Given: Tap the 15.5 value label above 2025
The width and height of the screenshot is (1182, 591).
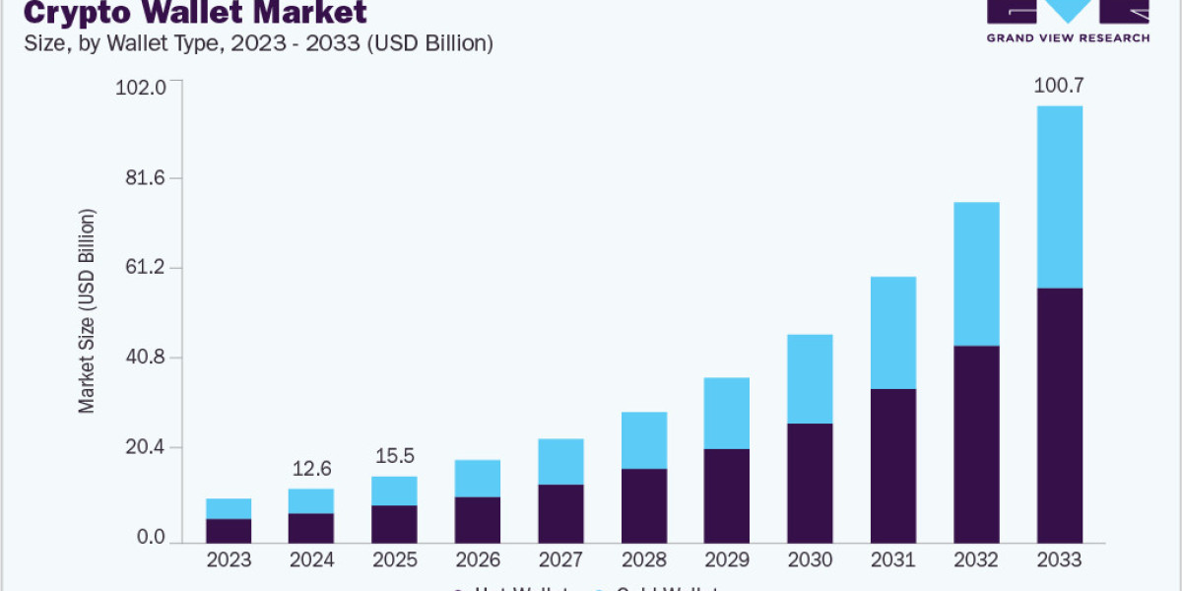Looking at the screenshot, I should coord(394,457).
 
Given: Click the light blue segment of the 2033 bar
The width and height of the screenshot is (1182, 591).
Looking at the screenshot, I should coord(1059,197).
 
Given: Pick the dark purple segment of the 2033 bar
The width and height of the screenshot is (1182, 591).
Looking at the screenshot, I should coord(1059,414).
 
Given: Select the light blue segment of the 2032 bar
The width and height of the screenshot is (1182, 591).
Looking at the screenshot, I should coord(976,274).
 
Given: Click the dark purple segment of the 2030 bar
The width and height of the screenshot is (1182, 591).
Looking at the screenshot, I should coord(810,483).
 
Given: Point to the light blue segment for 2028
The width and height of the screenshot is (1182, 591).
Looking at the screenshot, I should coord(644,440).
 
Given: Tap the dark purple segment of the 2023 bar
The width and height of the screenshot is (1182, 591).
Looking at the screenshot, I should coord(229,530).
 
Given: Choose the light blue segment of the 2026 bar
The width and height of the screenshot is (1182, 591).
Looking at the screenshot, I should coord(478,479).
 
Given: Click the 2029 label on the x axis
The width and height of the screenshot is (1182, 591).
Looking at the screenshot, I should coord(727,560).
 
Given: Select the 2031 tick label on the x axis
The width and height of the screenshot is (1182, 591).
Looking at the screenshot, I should coord(893,560).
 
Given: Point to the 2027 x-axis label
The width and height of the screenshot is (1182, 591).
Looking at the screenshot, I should coord(560,560).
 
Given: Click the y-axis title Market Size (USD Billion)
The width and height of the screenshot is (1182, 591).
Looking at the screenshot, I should coord(88,311).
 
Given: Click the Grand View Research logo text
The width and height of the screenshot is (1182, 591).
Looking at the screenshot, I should coord(1068,37).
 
